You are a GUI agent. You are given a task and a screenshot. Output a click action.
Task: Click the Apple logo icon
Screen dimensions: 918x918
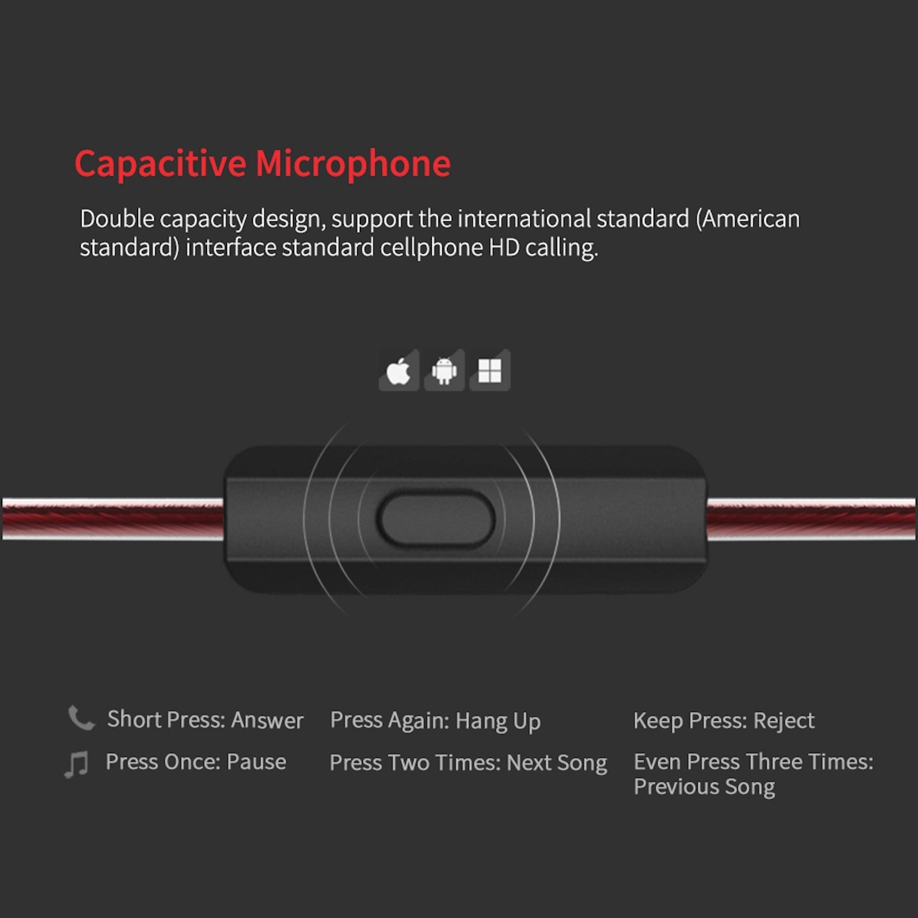(399, 371)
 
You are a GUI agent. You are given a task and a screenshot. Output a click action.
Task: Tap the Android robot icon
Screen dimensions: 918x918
(444, 371)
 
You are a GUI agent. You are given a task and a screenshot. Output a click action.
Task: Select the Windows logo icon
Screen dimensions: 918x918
(490, 371)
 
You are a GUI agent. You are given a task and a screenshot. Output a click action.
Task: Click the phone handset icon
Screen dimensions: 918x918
(81, 718)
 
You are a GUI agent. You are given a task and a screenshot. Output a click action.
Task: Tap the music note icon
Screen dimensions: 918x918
(76, 764)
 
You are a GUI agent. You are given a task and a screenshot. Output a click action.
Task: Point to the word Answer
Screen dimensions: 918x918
(267, 720)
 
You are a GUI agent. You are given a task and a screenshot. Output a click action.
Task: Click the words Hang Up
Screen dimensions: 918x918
(498, 722)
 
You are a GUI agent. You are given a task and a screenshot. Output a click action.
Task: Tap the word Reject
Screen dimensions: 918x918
(784, 721)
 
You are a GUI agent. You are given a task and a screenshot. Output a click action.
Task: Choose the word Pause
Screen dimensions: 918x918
(256, 762)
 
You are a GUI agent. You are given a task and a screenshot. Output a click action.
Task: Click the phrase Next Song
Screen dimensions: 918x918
(557, 764)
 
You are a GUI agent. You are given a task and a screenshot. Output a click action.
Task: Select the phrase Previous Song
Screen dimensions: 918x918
(705, 787)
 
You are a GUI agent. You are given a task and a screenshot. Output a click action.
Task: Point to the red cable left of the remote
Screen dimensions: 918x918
(113, 519)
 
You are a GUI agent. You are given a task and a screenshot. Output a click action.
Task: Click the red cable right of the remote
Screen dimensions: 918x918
(811, 519)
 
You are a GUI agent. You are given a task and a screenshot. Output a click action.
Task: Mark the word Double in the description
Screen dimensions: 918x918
(117, 219)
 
